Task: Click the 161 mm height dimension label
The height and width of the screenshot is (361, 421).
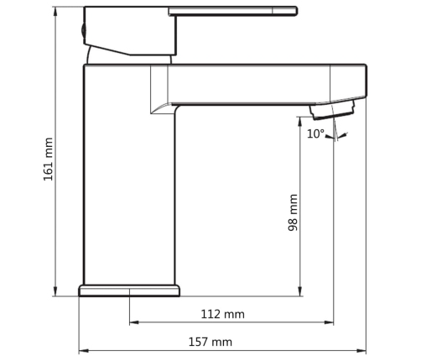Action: (x=48, y=159)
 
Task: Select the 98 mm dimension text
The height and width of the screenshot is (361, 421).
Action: (x=293, y=212)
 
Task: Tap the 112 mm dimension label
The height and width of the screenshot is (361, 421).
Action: (x=223, y=314)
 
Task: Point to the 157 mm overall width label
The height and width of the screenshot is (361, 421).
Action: (x=210, y=342)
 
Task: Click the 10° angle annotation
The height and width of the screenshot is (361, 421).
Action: (x=315, y=133)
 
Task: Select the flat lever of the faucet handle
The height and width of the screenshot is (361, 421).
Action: (x=235, y=11)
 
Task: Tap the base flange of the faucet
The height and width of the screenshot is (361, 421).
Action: (x=129, y=290)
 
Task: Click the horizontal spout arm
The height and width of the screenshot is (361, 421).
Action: (x=260, y=84)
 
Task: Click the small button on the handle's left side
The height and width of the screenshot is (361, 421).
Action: (x=82, y=30)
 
